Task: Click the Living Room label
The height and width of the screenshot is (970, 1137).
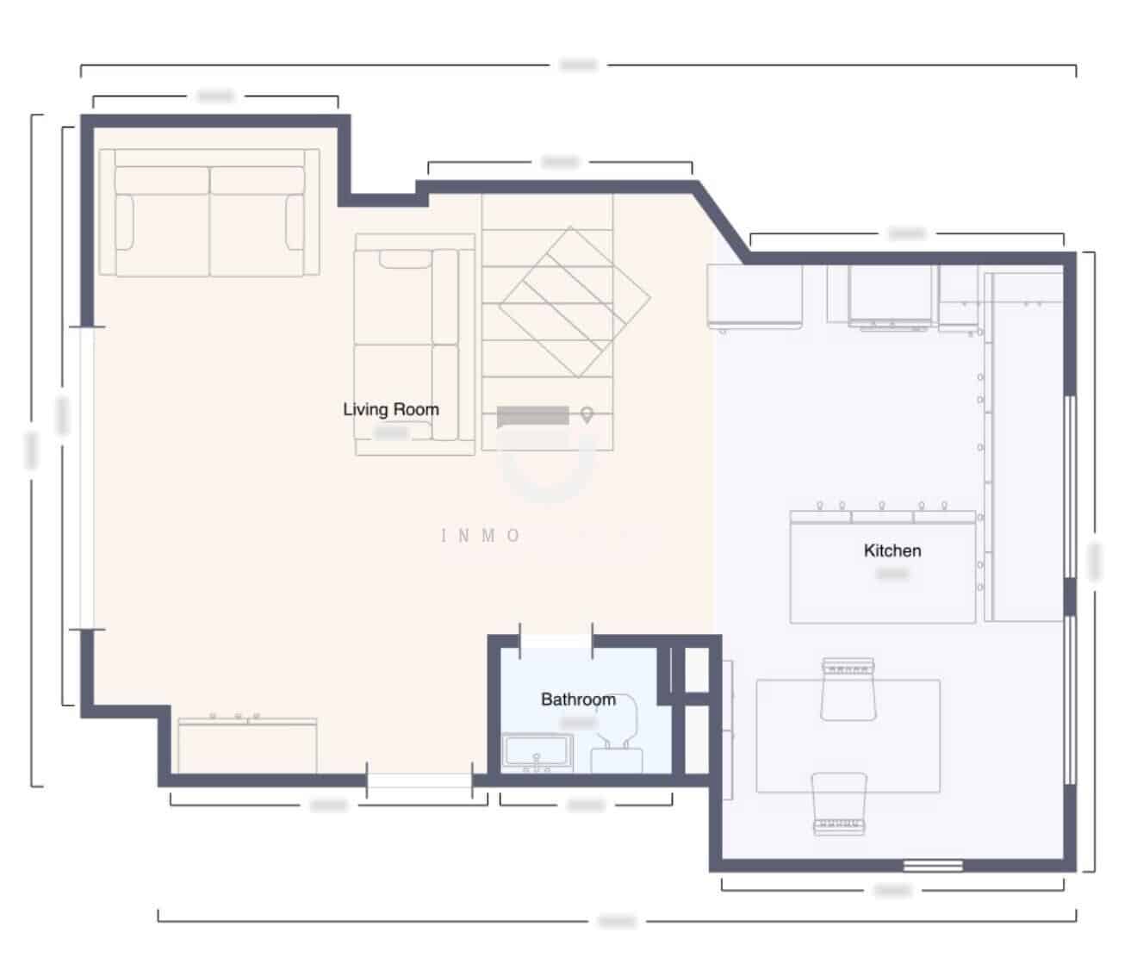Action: [x=391, y=409]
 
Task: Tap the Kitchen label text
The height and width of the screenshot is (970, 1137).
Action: [x=892, y=550]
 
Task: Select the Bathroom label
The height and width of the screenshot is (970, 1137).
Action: [x=578, y=699]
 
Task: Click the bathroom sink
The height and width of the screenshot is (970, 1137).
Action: [x=537, y=752]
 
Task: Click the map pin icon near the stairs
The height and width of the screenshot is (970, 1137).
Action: [x=587, y=415]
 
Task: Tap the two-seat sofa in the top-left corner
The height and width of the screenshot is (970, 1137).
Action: [x=209, y=213]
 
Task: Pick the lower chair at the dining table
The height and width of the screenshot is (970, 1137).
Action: [x=839, y=802]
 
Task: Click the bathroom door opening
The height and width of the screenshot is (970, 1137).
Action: [x=556, y=640]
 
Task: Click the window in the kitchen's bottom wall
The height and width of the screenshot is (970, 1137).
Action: [x=932, y=865]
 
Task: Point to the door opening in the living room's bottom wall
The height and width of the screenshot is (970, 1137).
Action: [x=419, y=781]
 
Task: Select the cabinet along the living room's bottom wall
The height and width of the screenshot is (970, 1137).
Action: [x=247, y=745]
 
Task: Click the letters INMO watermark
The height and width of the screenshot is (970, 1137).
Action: [x=481, y=536]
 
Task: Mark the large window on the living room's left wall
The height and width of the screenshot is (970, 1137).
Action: [x=87, y=478]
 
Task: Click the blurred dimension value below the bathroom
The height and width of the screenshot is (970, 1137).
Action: [x=586, y=805]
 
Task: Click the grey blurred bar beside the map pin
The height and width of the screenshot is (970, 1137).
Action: [x=534, y=416]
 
